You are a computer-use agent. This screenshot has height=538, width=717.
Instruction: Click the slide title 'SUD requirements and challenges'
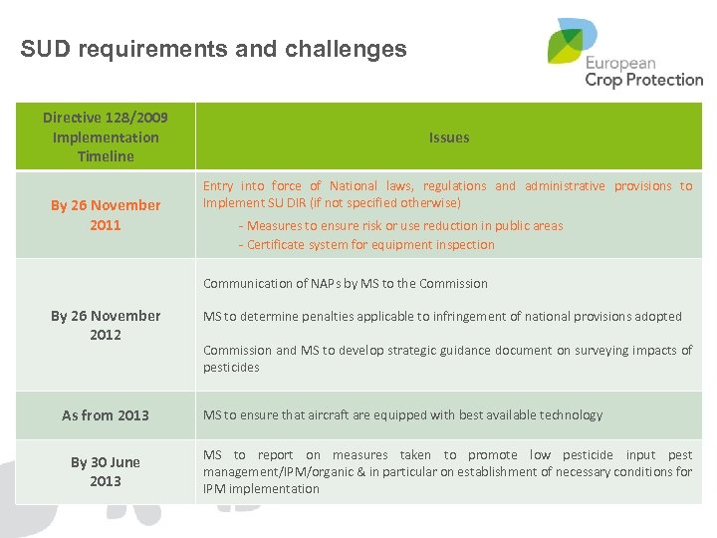(213, 49)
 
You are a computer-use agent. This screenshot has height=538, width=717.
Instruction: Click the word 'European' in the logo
(620, 63)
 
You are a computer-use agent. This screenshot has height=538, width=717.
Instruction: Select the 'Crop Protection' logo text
(643, 80)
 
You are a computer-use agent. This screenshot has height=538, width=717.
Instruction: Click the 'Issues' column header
(448, 137)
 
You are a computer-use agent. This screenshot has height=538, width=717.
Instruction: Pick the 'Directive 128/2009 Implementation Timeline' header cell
(106, 136)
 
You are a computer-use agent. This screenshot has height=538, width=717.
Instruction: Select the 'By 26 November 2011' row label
(106, 214)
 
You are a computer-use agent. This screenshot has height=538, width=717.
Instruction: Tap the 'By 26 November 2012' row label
(106, 325)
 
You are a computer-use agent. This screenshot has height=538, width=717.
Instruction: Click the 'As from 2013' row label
(106, 415)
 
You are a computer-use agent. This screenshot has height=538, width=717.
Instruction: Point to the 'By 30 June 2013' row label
(106, 471)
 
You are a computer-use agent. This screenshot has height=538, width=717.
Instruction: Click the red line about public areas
(400, 226)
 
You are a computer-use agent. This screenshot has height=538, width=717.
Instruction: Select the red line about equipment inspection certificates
(366, 245)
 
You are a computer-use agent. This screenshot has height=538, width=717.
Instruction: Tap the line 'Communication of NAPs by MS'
(346, 284)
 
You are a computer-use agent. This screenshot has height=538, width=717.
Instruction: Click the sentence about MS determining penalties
(442, 317)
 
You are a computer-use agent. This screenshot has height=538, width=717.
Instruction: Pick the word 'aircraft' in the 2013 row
(325, 415)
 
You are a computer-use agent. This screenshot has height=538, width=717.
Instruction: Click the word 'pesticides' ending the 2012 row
(231, 368)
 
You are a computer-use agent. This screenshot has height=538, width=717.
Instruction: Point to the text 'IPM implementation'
(261, 489)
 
